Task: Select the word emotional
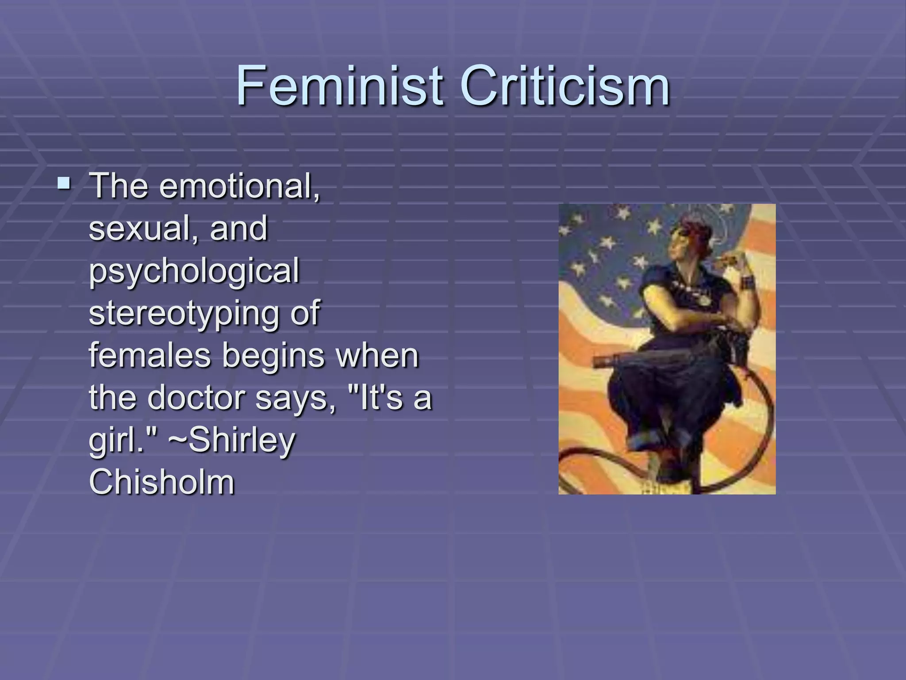pyautogui.click(x=239, y=186)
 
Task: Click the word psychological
pyautogui.click(x=194, y=271)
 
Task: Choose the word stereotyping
pyautogui.click(x=184, y=313)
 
